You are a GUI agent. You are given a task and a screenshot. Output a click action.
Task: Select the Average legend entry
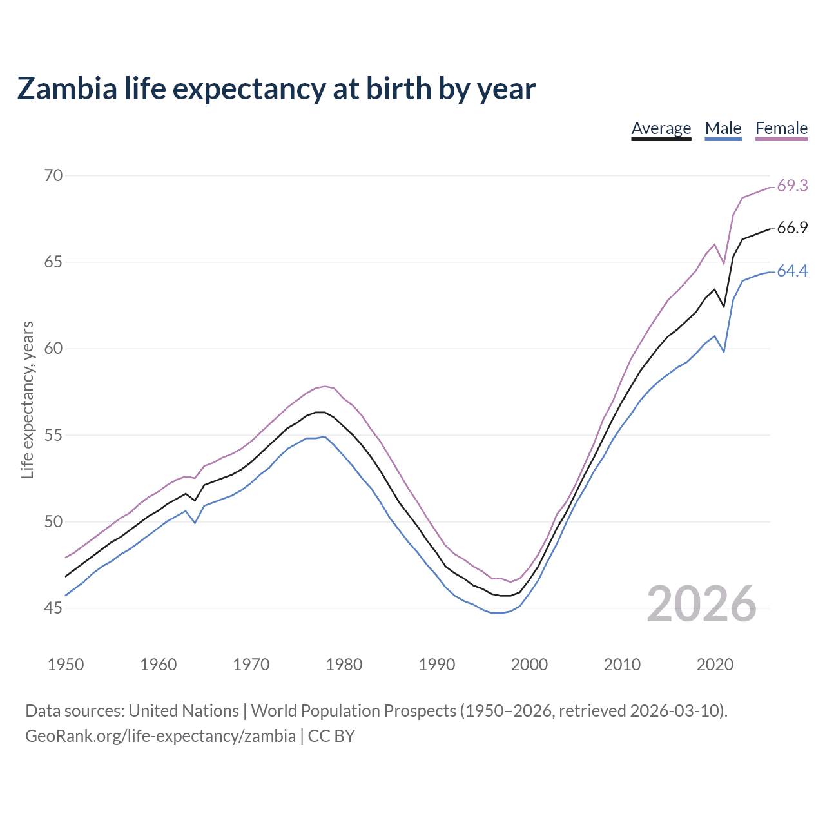(661, 128)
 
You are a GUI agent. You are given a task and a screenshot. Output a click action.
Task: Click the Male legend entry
(723, 128)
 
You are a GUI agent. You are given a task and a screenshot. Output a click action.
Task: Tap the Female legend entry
(781, 128)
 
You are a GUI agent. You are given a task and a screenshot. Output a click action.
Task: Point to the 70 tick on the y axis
(53, 175)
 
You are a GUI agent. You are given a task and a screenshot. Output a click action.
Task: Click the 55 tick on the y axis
(53, 435)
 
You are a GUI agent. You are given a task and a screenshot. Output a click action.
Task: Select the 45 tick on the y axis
(53, 608)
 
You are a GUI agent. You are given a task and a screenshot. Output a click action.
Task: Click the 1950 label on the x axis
(66, 665)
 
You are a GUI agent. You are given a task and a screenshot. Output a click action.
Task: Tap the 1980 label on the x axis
(344, 665)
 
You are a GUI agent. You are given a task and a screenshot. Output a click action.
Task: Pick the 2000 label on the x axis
(529, 665)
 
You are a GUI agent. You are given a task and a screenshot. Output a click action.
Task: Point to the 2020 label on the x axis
(715, 665)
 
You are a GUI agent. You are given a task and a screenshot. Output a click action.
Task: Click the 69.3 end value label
(792, 186)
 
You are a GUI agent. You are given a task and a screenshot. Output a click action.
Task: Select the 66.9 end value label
(792, 228)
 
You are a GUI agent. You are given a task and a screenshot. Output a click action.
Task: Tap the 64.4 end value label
(792, 271)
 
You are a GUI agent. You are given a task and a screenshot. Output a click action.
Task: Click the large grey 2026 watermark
(701, 604)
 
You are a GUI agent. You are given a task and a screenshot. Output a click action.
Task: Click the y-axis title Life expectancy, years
(27, 400)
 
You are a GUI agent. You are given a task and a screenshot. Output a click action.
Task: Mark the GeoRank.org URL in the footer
(160, 736)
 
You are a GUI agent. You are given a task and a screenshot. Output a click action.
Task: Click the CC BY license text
(331, 736)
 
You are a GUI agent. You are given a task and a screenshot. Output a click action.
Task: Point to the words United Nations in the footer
(184, 711)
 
